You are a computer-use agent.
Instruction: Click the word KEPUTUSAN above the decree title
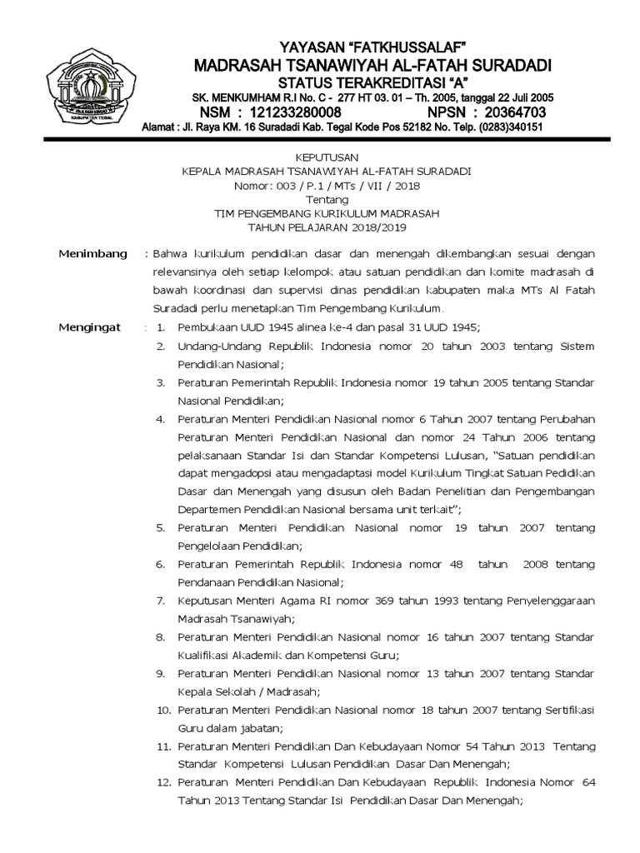point(326,157)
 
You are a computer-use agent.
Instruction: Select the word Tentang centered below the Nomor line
point(326,200)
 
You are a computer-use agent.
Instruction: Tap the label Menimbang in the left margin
point(92,253)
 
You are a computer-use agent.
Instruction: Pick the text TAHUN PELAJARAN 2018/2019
point(326,227)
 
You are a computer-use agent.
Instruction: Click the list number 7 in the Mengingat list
point(160,600)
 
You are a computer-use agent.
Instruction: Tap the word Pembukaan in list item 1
point(206,327)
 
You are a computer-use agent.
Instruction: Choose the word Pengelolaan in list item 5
point(208,546)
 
